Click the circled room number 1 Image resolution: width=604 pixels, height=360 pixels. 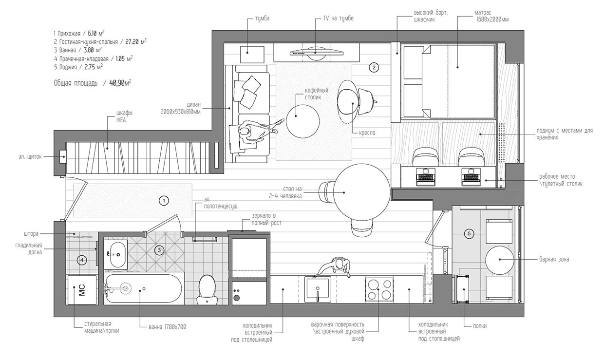pos(164,200)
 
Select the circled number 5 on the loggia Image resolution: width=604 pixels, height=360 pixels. pos(469,234)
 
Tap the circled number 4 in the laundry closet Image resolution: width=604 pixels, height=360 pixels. pos(82,260)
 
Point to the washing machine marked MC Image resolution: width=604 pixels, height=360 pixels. pos(82,290)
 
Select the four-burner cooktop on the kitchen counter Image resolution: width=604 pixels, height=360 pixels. pos(379,289)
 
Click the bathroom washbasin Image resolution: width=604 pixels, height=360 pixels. pos(115,254)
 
